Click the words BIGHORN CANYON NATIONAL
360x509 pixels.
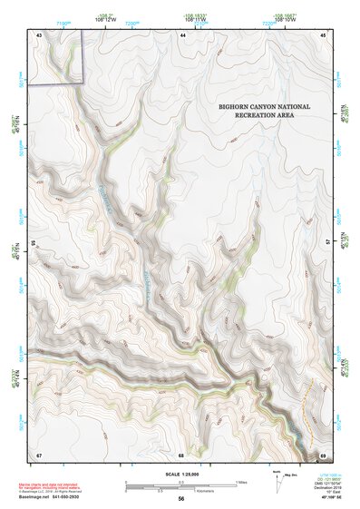click(x=264, y=107)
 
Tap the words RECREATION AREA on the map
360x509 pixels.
click(x=264, y=117)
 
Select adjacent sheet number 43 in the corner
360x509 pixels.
click(x=39, y=34)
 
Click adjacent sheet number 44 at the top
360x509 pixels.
click(x=182, y=34)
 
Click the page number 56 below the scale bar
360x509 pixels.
click(x=181, y=499)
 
